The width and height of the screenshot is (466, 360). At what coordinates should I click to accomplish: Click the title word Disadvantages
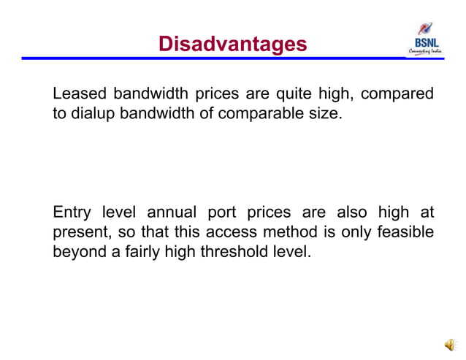233,45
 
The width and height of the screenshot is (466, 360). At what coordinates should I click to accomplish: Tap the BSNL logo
427,39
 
